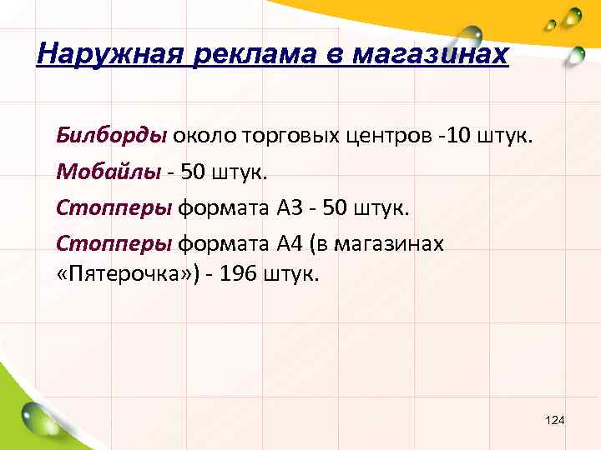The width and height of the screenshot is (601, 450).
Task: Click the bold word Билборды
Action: click(x=112, y=136)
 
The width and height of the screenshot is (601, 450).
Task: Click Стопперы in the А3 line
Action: click(x=114, y=207)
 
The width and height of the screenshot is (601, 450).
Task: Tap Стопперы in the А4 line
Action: click(x=114, y=244)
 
